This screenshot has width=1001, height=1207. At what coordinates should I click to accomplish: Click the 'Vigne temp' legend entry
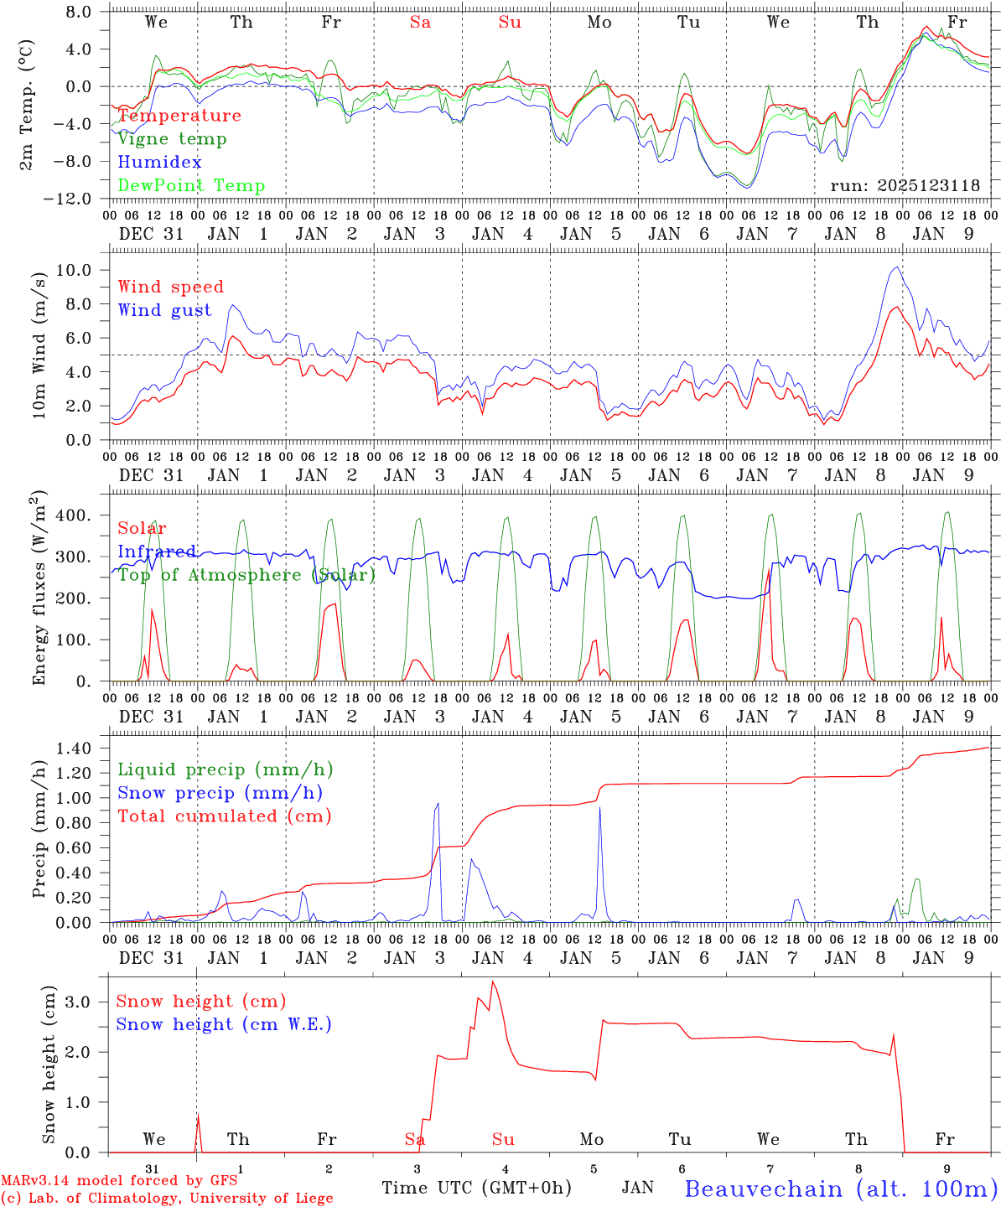click(x=172, y=139)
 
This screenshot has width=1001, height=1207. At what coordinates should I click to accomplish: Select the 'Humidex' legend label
click(x=159, y=163)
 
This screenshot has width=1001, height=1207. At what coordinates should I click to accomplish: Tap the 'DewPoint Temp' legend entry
click(x=191, y=186)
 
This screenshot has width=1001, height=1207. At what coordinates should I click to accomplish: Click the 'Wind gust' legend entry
click(x=164, y=310)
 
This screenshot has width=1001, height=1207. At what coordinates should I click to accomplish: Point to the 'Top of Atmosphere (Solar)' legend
click(x=246, y=575)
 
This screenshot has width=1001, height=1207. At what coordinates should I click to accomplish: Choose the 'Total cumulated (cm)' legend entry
click(x=224, y=816)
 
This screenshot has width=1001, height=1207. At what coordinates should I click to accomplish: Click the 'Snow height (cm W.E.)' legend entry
click(x=224, y=1024)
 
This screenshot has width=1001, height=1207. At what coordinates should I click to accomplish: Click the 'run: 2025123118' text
click(x=905, y=186)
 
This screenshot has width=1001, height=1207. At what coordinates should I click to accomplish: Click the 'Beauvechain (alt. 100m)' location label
click(x=841, y=1189)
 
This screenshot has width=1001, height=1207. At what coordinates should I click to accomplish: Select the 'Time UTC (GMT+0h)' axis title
click(x=476, y=1188)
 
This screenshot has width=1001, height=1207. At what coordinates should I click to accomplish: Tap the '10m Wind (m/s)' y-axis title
click(x=39, y=343)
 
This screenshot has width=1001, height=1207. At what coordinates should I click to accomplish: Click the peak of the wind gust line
click(x=897, y=267)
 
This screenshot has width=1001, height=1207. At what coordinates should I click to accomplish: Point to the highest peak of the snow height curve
click(x=492, y=982)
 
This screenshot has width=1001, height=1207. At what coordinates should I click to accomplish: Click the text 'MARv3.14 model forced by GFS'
click(x=119, y=1181)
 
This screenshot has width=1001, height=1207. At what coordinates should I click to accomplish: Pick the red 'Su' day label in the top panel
click(x=510, y=23)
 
